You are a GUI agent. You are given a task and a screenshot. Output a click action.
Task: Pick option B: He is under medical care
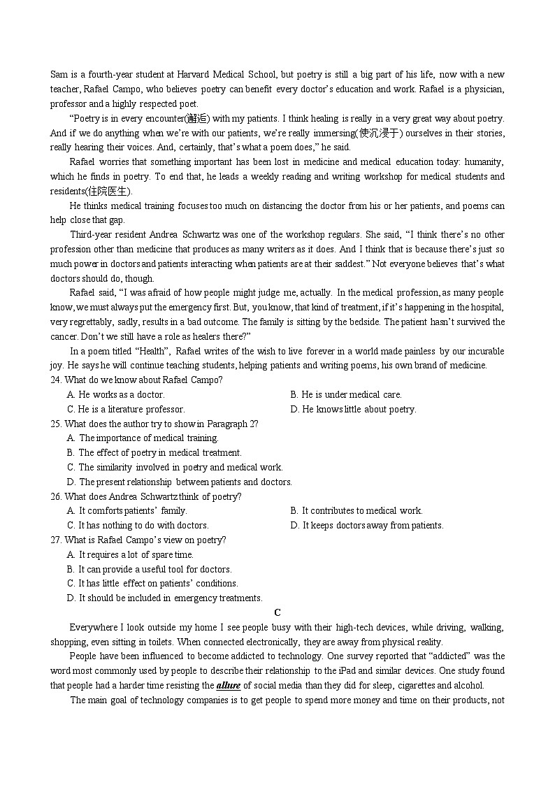click(346, 395)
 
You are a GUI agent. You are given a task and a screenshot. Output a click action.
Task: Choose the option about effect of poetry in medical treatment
click(154, 453)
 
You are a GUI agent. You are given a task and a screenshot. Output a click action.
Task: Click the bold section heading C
click(277, 612)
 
